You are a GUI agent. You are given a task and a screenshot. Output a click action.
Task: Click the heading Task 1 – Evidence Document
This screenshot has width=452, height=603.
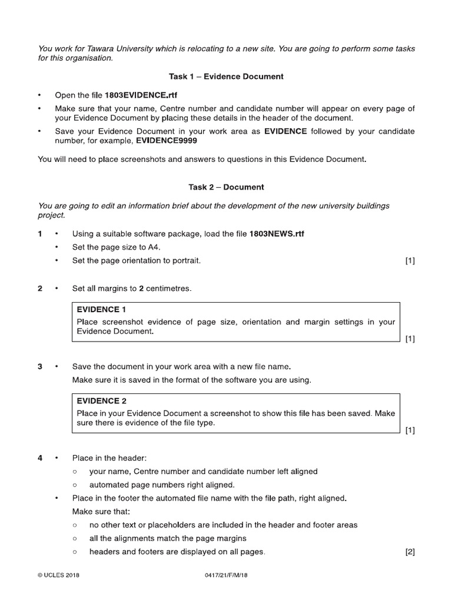coord(227,77)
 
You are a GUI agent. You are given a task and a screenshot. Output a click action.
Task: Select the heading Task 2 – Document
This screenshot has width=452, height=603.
coord(227,187)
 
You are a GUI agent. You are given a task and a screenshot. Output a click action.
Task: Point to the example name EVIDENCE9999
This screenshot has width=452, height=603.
coord(167,141)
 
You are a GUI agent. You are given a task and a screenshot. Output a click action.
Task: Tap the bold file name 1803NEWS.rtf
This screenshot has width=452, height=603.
coord(277,234)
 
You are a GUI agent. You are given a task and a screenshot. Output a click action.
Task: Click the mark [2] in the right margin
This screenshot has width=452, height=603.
coord(410,552)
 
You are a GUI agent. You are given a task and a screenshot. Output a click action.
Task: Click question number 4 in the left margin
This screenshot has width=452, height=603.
coord(40,458)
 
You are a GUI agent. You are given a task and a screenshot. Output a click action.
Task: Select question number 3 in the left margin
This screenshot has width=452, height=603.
coord(40,366)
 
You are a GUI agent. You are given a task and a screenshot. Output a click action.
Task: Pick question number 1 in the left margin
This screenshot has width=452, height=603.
coord(40,234)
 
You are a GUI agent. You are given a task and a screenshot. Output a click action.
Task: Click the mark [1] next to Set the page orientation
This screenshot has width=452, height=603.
coord(410,261)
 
